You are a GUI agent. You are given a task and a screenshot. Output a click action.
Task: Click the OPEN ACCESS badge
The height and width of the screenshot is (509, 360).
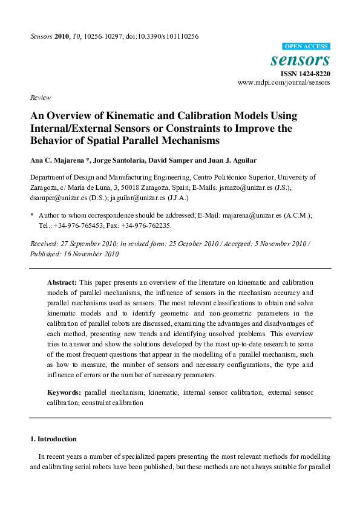pos(306,47)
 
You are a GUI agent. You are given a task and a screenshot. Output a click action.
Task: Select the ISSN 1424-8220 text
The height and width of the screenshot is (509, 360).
pos(305,74)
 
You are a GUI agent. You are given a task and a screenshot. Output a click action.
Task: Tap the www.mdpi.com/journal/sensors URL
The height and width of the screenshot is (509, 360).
pos(284,82)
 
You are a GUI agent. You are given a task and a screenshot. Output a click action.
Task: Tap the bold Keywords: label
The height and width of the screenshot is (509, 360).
pos(65,392)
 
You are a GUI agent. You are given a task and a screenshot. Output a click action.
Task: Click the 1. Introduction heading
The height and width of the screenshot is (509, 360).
pos(54,438)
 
